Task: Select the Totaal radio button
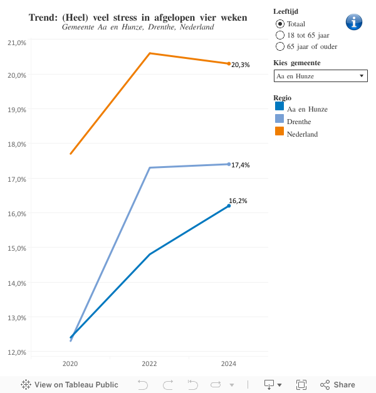(280, 23)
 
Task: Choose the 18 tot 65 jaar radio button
(280, 34)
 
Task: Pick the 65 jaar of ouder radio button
(280, 46)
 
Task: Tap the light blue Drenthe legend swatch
(279, 120)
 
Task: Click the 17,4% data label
(241, 165)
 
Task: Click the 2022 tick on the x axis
(150, 364)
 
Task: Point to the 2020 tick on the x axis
(71, 364)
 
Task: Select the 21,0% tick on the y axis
(17, 43)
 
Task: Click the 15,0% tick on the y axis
(17, 248)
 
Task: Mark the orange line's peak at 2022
(150, 53)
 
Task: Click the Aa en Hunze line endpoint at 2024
(229, 206)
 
